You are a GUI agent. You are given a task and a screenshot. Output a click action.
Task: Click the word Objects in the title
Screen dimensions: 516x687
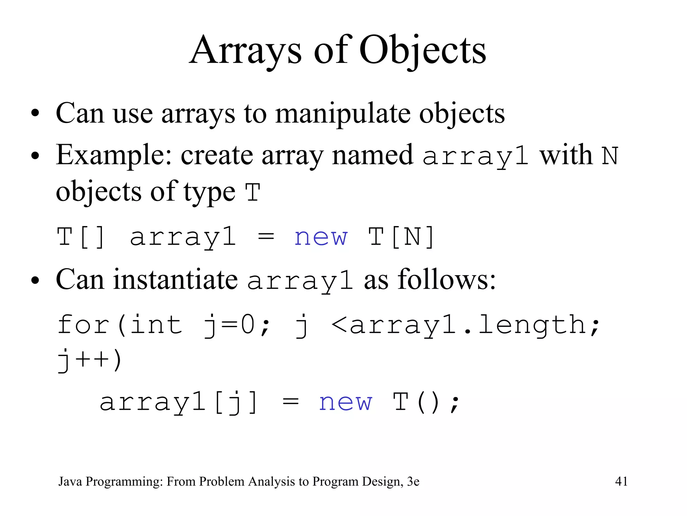[422, 51]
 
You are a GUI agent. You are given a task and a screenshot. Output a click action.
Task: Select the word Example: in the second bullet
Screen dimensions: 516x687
[114, 155]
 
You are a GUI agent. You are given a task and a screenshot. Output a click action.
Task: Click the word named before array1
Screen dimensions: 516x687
[372, 155]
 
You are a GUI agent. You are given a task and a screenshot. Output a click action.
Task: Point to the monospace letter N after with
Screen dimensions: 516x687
[610, 156]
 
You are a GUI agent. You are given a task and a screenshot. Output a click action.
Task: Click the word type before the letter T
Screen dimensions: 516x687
[209, 192]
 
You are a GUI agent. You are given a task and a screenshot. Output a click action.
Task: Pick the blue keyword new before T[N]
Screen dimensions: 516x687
[321, 237]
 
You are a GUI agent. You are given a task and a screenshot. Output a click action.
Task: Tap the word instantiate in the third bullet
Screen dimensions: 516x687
[175, 279]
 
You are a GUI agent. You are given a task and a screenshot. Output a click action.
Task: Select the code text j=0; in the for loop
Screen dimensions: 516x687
[237, 325]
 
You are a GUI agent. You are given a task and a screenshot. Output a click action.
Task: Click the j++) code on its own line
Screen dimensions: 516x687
[89, 360]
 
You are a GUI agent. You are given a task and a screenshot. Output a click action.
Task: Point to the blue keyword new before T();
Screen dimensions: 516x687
[346, 402]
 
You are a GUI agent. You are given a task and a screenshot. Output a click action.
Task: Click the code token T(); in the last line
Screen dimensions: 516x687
[426, 402]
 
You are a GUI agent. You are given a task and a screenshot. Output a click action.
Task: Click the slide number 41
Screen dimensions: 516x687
[621, 481]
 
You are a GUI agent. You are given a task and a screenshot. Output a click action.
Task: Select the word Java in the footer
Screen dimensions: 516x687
[70, 481]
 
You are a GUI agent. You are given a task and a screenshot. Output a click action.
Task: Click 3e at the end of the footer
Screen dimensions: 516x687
[413, 481]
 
